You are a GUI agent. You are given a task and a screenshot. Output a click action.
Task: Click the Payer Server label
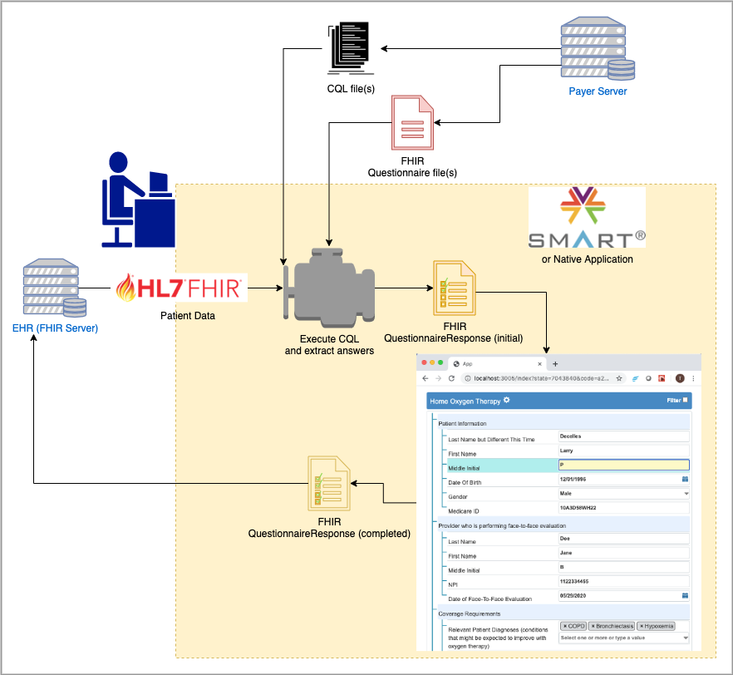tap(597, 91)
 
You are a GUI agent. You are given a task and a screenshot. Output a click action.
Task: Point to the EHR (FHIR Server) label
tap(55, 328)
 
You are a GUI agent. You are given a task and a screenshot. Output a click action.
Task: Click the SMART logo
tap(587, 218)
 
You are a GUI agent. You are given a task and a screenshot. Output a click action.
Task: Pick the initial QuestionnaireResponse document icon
tap(454, 288)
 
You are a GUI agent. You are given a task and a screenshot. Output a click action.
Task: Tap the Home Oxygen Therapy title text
tap(465, 402)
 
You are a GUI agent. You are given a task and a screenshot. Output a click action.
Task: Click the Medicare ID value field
tap(623, 507)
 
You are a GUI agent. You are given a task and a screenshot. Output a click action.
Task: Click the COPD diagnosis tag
tap(573, 625)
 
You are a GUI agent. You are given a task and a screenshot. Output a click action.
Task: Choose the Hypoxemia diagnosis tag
tap(657, 625)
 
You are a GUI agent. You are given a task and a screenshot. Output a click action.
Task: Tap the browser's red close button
tap(423, 363)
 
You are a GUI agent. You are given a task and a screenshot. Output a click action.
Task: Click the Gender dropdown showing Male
tap(623, 493)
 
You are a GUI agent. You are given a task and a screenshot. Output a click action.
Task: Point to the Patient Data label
tap(187, 317)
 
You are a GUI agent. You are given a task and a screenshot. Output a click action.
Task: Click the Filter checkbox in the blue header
tap(685, 401)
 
